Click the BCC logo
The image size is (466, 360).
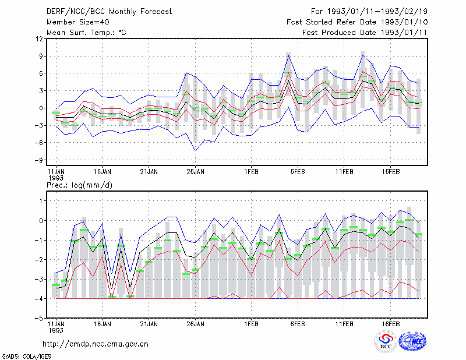click(386, 341)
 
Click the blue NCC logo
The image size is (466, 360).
click(412, 341)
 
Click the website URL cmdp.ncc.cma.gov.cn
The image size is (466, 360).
click(96, 344)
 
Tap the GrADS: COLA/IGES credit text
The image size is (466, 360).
click(26, 357)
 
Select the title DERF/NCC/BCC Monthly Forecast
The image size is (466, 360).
click(109, 12)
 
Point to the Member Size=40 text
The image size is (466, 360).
click(78, 22)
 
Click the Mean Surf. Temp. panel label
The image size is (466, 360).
click(86, 33)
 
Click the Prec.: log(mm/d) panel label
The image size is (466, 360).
click(79, 185)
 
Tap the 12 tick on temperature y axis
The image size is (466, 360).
click(40, 39)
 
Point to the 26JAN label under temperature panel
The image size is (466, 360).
click(195, 172)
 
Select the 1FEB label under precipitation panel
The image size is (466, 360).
click(251, 324)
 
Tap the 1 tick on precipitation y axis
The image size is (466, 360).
click(41, 201)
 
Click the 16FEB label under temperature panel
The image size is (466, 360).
click(390, 172)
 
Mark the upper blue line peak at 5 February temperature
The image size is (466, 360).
click(288, 55)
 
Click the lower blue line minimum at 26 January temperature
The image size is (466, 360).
click(195, 150)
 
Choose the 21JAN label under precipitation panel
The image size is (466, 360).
click(149, 324)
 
